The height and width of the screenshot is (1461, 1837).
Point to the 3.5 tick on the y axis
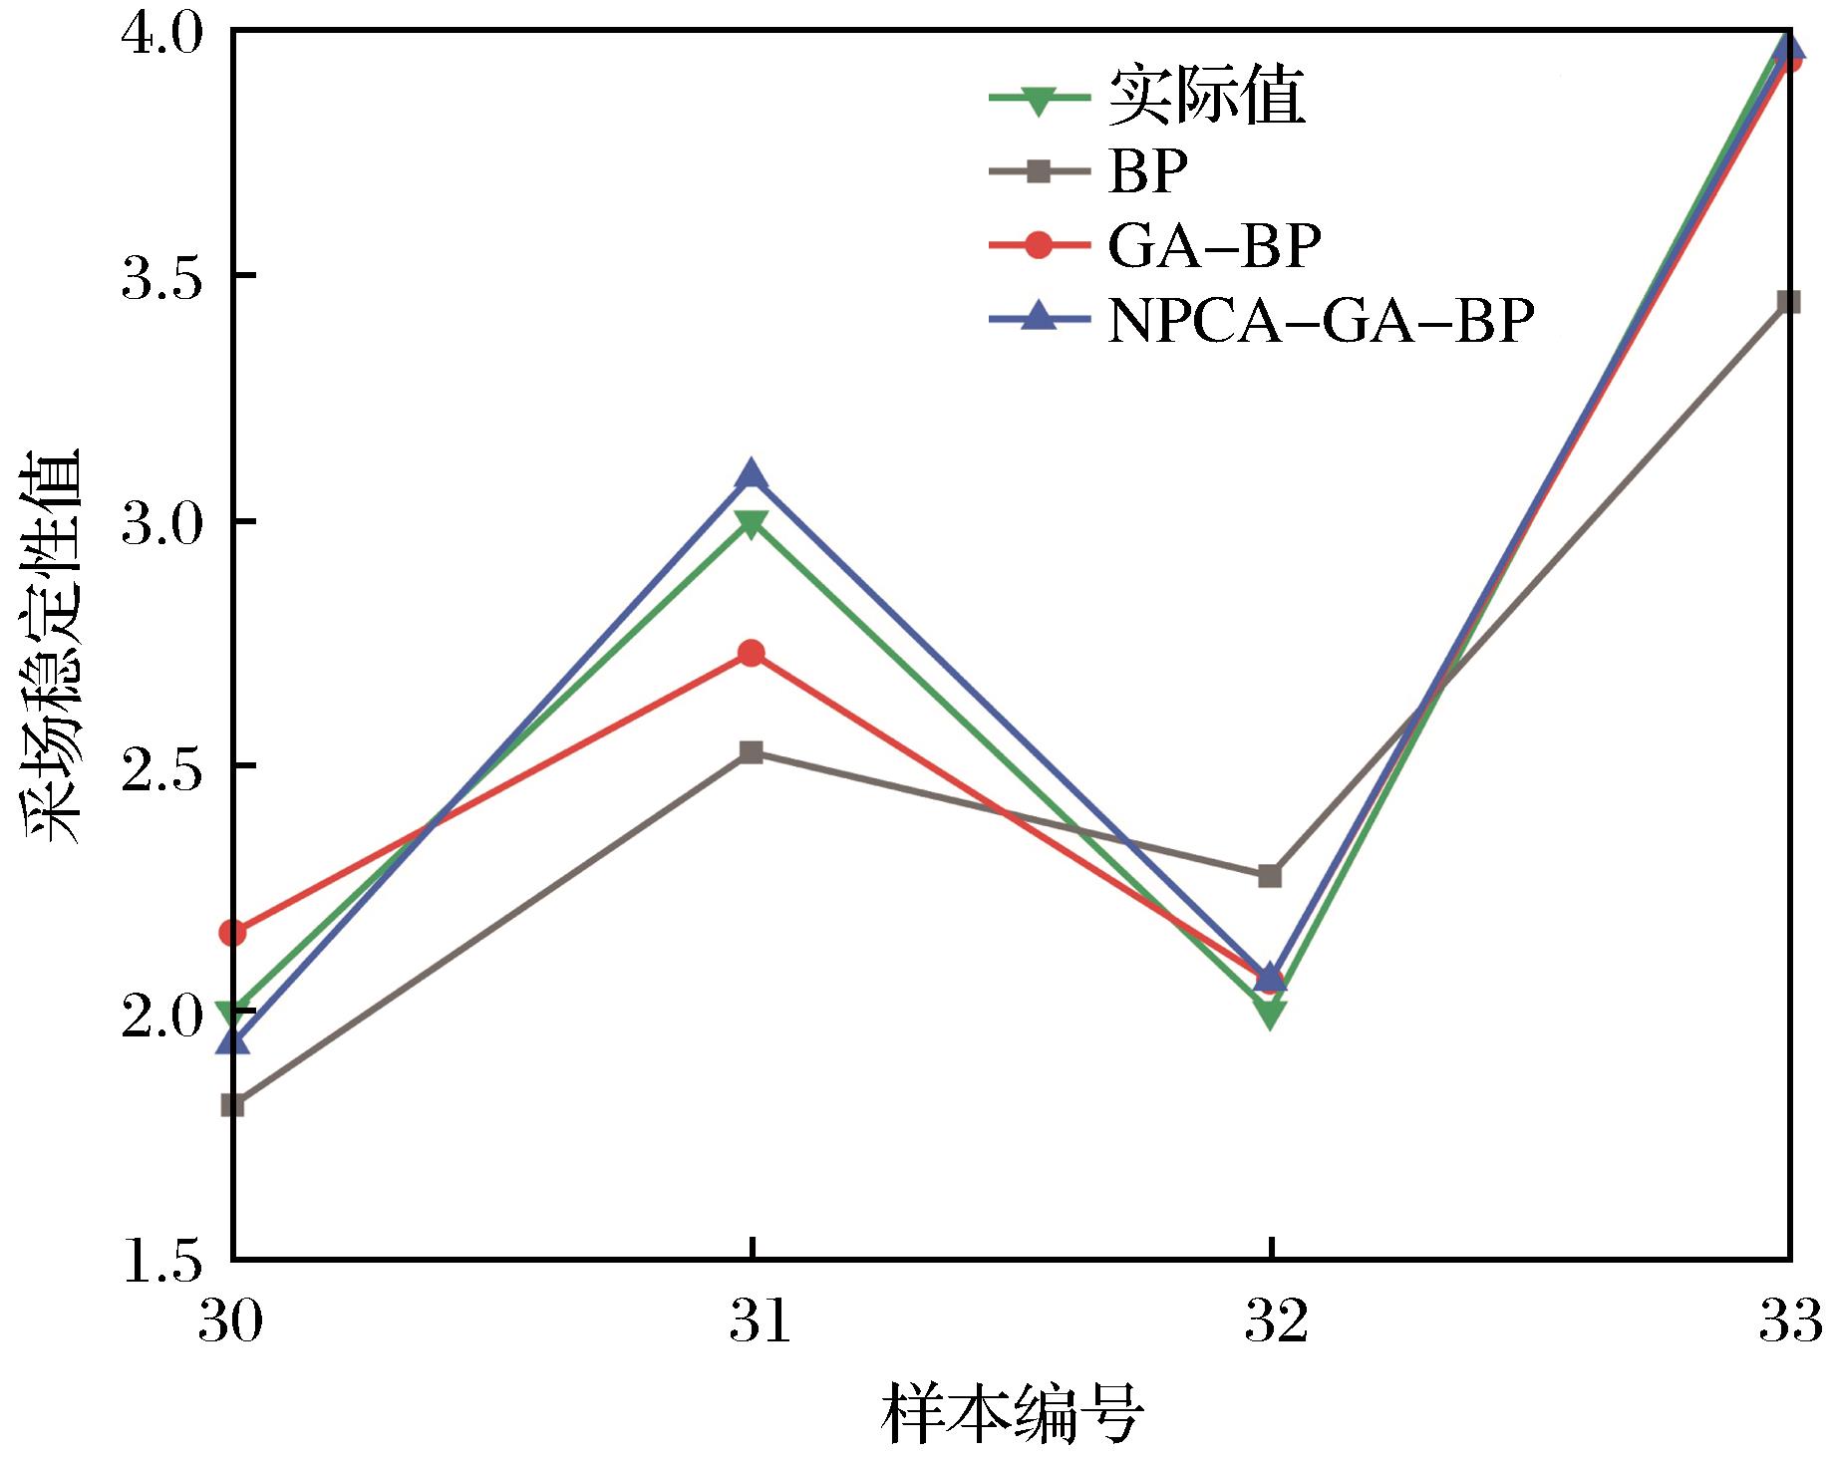(x=159, y=277)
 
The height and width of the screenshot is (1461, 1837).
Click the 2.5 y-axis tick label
(x=159, y=767)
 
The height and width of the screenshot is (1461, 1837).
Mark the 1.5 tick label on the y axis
(x=159, y=1261)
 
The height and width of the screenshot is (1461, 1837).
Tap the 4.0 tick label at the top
(x=159, y=35)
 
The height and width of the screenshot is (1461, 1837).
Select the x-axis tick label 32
(x=1271, y=1323)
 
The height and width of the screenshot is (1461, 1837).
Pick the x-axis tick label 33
(x=1790, y=1323)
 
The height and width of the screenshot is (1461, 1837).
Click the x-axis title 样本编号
(x=1011, y=1413)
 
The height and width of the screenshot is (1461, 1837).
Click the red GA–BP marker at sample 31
(x=752, y=654)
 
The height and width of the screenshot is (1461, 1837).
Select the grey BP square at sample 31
(x=752, y=751)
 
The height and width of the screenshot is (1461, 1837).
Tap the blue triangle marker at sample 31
(x=752, y=475)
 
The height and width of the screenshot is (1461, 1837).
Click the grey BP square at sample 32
(x=1270, y=876)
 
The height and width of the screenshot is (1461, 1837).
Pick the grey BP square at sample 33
(x=1789, y=302)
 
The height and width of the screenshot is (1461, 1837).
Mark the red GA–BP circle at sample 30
(x=232, y=933)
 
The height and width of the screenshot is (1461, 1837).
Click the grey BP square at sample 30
(x=232, y=1104)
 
